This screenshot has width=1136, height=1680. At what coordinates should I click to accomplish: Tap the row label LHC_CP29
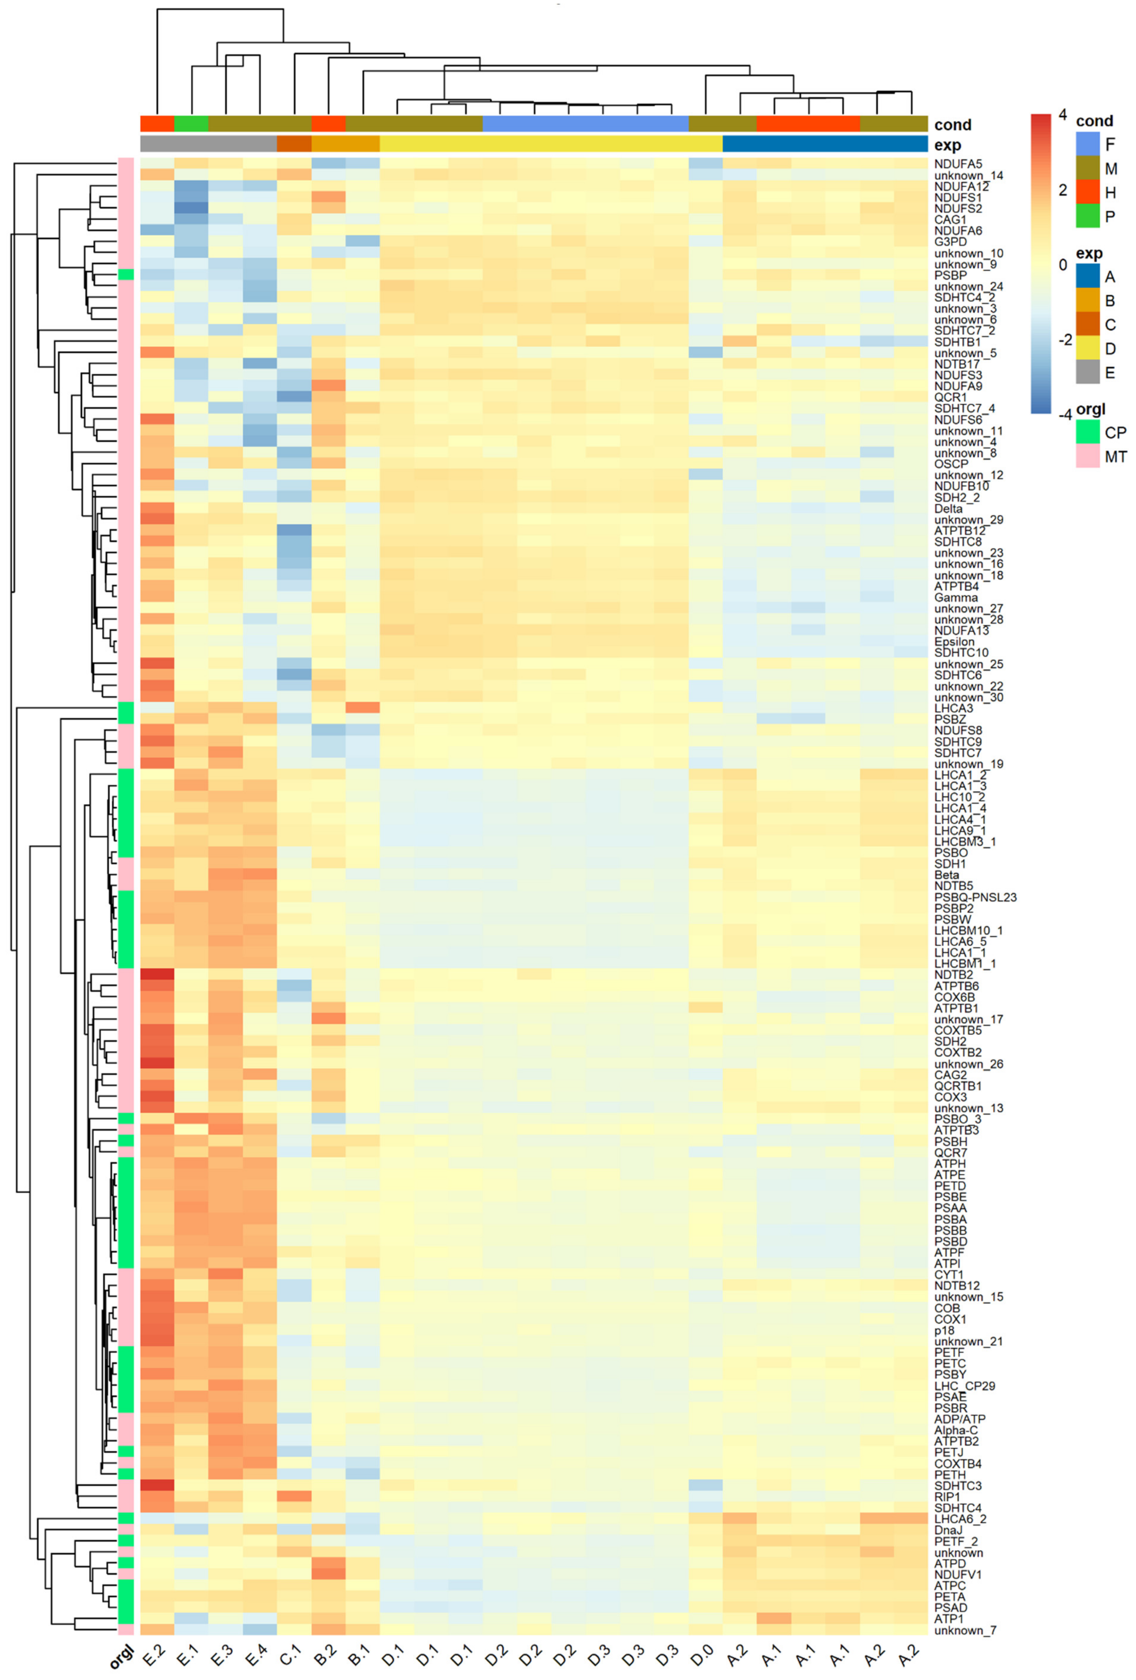[964, 1386]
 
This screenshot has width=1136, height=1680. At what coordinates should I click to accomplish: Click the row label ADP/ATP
[959, 1419]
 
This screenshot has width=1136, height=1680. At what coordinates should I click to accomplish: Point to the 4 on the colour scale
[1062, 114]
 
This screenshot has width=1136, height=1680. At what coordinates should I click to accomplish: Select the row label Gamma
[955, 597]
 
